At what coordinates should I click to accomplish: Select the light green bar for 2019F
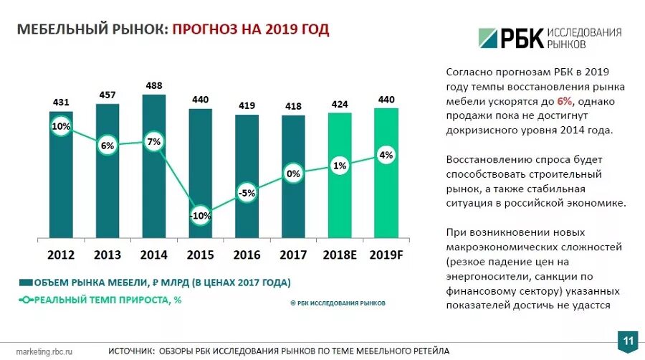[386, 194]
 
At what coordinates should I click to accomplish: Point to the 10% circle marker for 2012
[61, 127]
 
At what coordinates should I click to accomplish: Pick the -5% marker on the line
[247, 192]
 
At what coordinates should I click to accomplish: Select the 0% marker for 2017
[293, 174]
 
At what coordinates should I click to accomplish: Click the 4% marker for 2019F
[386, 155]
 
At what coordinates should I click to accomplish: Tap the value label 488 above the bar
[153, 85]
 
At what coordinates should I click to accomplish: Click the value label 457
[107, 95]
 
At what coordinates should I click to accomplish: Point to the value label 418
[293, 106]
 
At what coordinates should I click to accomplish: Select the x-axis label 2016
[247, 254]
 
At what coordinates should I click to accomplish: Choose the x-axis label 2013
[107, 254]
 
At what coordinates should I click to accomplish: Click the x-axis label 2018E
[340, 254]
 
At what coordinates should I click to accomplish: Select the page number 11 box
[628, 340]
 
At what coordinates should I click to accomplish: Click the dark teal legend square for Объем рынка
[26, 283]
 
